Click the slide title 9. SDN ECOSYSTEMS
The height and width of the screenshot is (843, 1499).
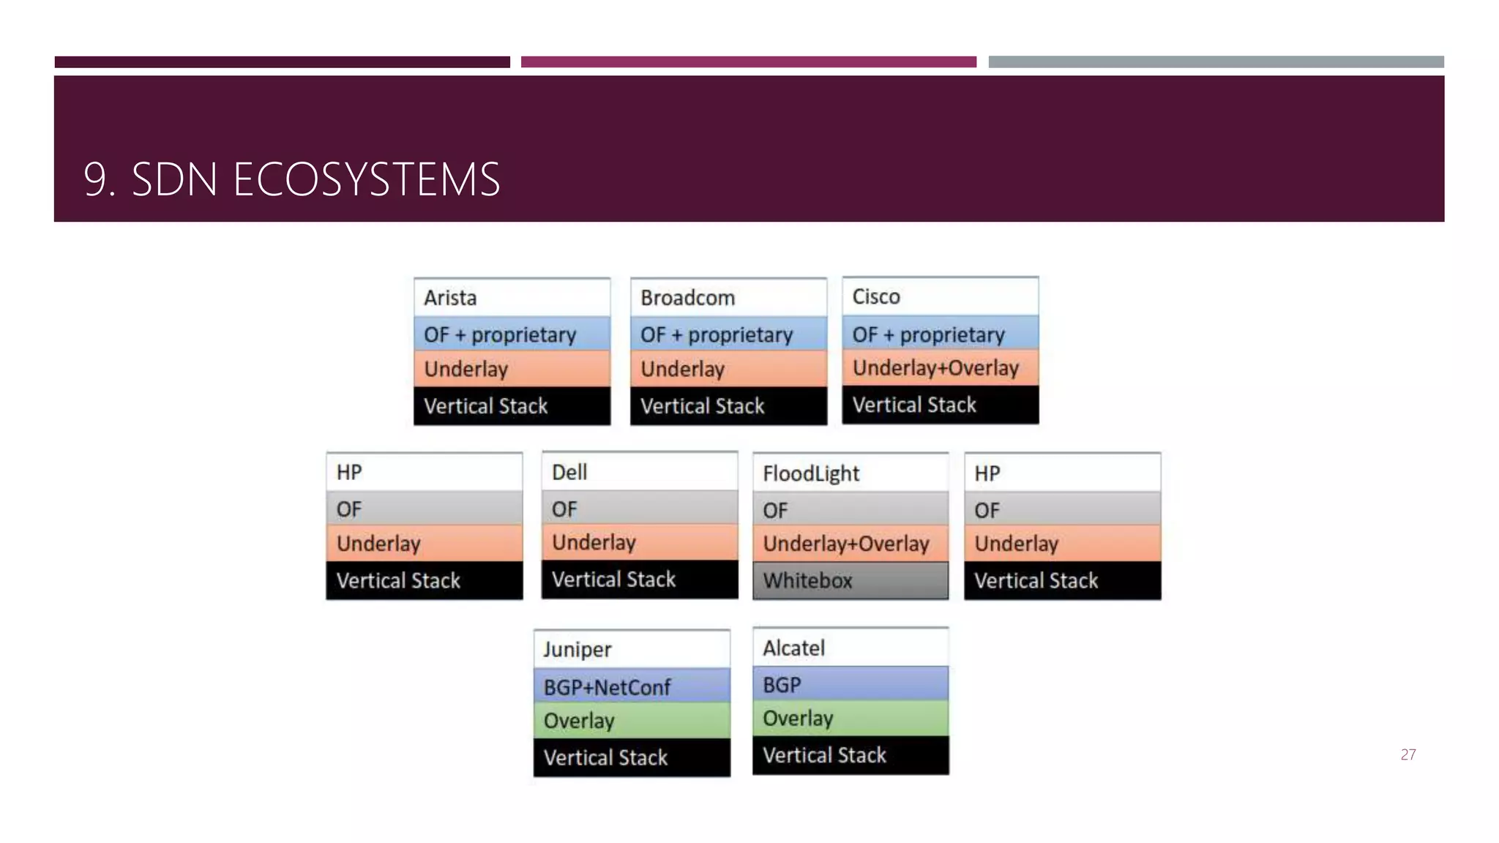click(291, 179)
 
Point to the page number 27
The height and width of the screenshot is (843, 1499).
click(1408, 754)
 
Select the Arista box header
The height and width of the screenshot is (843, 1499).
click(512, 298)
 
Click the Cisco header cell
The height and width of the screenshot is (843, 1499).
click(940, 296)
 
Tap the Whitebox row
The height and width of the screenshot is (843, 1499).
click(851, 580)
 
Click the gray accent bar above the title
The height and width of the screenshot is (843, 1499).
click(1216, 62)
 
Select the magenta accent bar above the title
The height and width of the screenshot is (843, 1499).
click(748, 62)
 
